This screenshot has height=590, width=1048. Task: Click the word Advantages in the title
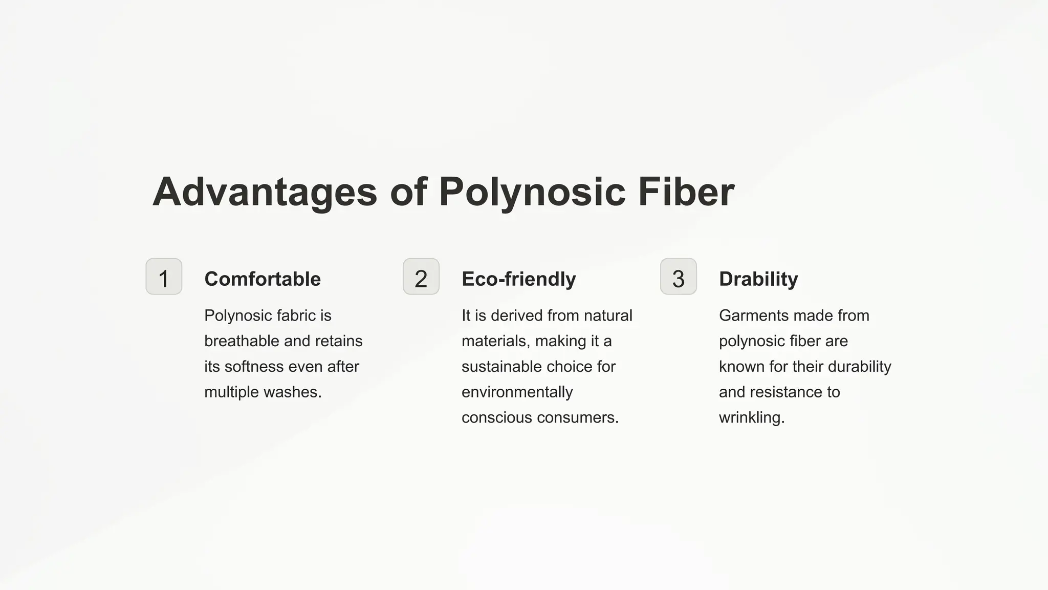265,192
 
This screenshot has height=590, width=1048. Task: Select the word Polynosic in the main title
532,192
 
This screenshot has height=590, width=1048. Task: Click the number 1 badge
164,277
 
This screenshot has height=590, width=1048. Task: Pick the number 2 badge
421,277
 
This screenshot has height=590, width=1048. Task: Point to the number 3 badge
679,277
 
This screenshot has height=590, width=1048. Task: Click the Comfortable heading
263,279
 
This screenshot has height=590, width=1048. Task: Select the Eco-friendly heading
519,279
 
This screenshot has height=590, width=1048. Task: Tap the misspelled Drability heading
758,279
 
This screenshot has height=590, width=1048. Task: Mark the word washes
292,392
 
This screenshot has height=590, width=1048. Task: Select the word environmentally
517,392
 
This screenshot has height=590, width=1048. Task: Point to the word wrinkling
752,418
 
